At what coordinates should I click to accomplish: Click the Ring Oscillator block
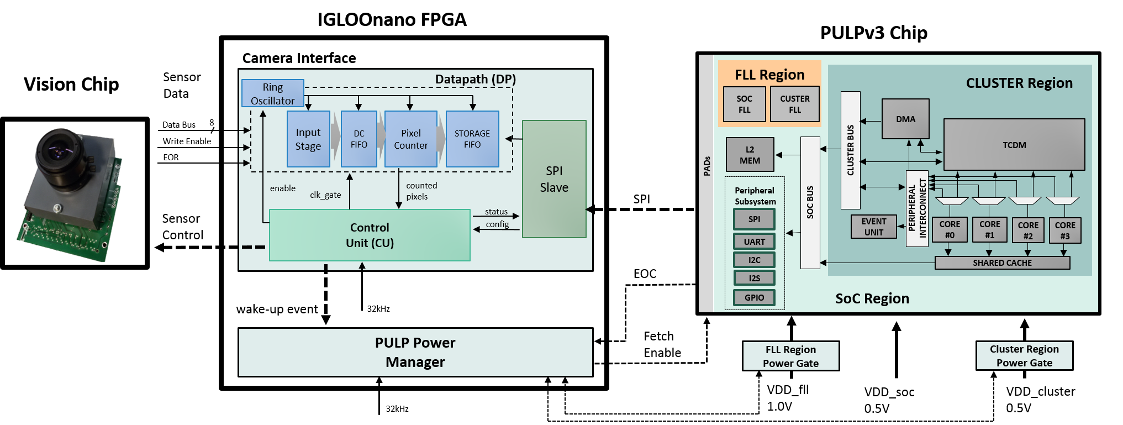coord(273,93)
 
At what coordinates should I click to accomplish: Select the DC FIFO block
coord(359,139)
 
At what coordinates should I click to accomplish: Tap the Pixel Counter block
coord(411,139)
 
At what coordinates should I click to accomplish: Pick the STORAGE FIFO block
coord(472,139)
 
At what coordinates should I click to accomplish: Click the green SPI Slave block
coord(554,179)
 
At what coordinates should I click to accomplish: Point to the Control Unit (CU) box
coord(370,235)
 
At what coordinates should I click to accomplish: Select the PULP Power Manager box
coord(415,353)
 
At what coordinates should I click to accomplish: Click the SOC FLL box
coord(745,104)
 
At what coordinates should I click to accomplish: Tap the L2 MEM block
coord(750,155)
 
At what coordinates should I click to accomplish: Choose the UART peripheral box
coord(755,242)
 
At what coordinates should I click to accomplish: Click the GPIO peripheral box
coord(755,297)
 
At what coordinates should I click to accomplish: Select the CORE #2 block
coord(1028,230)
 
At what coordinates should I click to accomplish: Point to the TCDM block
coord(1014,145)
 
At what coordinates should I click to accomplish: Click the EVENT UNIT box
coord(874,227)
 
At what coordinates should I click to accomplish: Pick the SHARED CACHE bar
coord(1003,263)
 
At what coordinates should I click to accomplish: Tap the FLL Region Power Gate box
coord(791,356)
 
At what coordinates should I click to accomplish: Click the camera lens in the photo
coord(59,149)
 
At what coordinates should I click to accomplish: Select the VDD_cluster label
coord(1041,391)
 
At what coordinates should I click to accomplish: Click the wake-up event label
coord(277,309)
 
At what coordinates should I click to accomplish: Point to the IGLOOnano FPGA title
coord(392,19)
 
